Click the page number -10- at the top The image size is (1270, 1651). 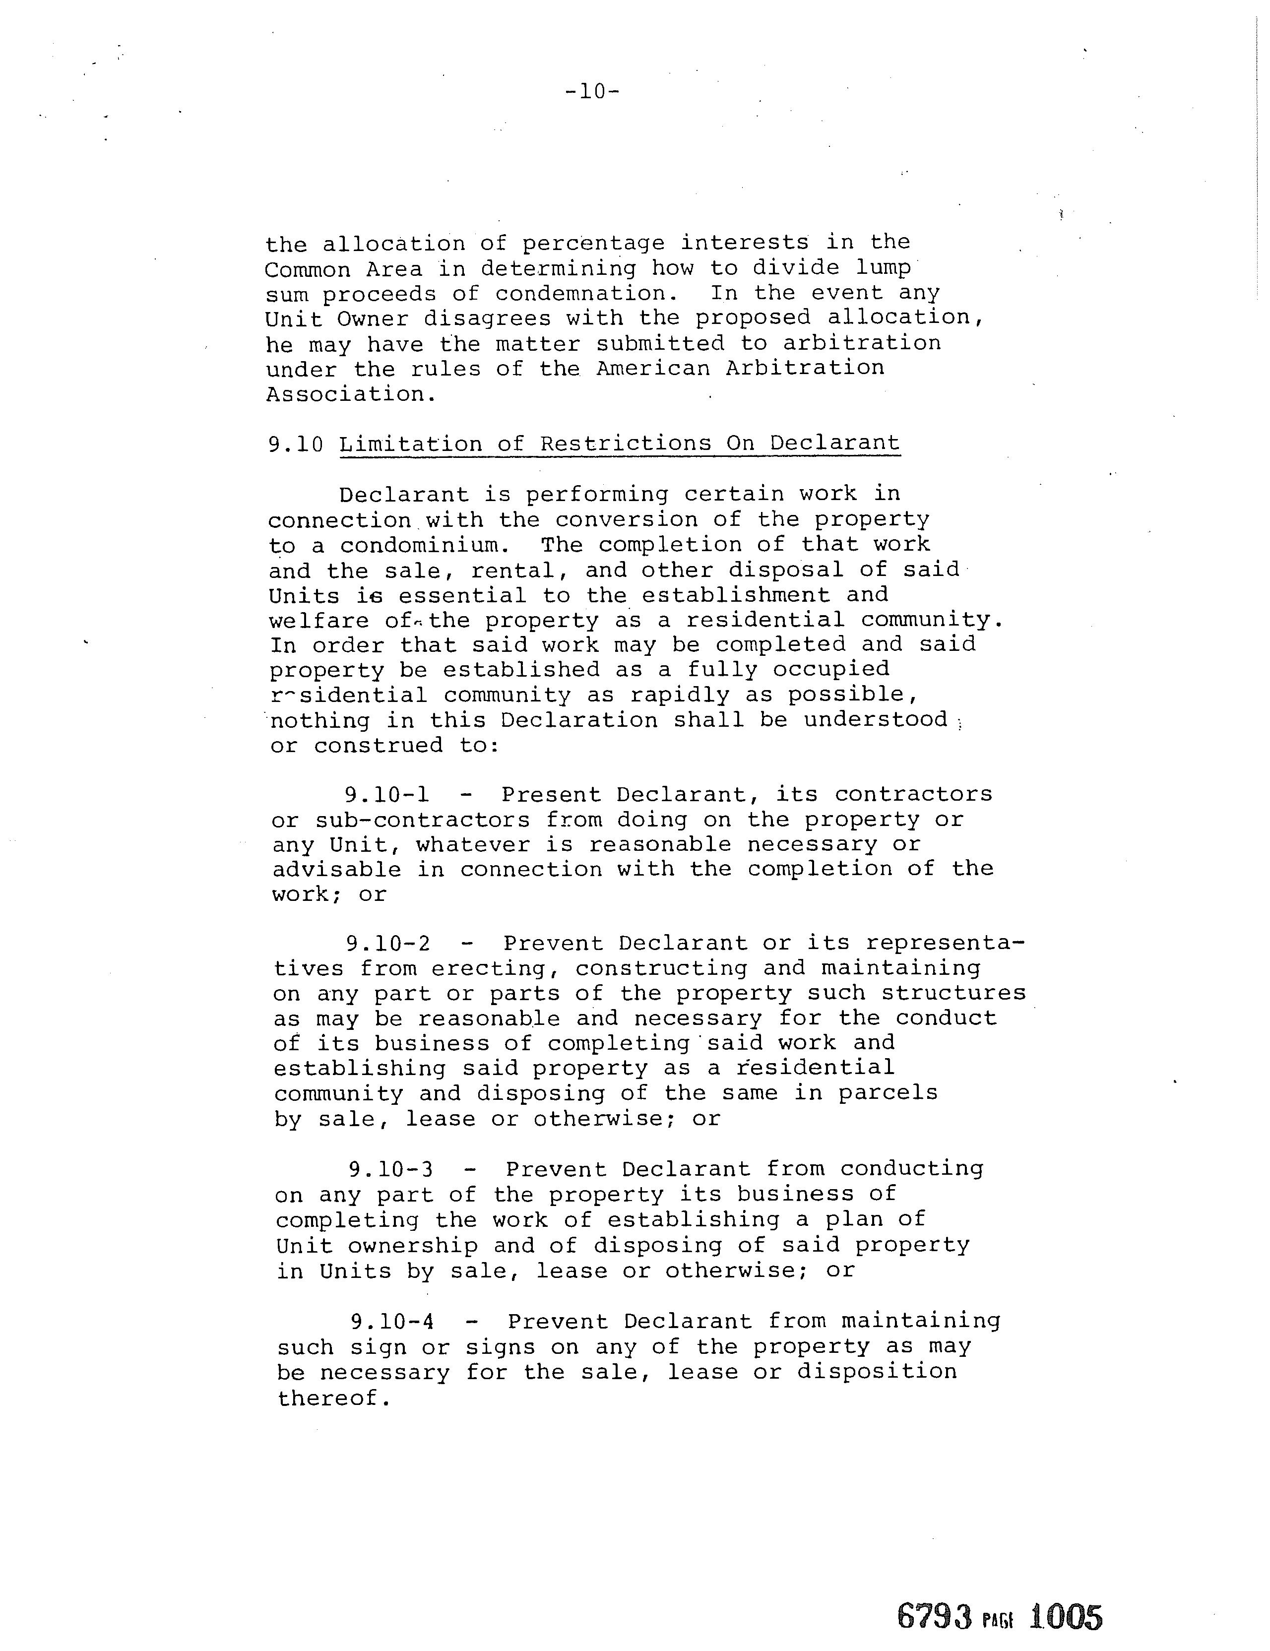592,92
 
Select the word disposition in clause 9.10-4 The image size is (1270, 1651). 877,1372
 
